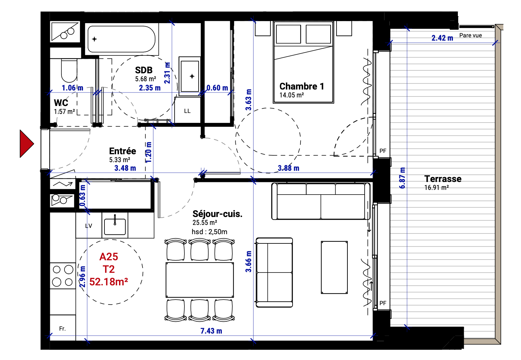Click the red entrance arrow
26,144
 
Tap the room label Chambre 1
302,87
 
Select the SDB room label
144,70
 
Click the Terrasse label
443,179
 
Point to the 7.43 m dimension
211,331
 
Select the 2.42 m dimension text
442,38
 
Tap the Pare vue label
470,35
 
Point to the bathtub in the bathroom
121,39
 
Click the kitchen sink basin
115,227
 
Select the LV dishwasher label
89,226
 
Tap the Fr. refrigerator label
62,328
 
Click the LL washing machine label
187,111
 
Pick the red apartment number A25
109,257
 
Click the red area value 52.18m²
109,282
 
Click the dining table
200,280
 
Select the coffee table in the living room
334,267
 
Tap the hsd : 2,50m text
209,232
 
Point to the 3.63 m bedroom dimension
248,99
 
